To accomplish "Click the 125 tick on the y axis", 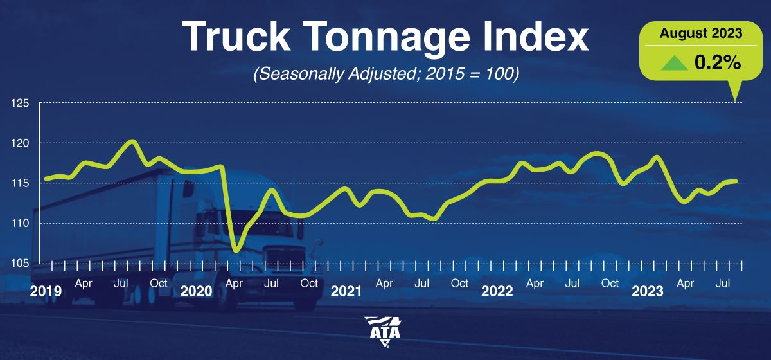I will [x=19, y=103].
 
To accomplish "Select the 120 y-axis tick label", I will [x=19, y=143].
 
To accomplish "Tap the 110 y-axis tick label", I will [x=19, y=223].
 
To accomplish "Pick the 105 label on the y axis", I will [x=19, y=263].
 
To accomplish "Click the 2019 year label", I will [x=46, y=291].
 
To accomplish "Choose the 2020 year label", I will [x=196, y=291].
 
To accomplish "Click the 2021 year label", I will [x=346, y=291].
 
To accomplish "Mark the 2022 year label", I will [x=497, y=291].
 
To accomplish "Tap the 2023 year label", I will [x=648, y=291].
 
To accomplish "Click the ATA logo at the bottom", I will [x=385, y=331].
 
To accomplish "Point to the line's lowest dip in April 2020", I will [x=236, y=249].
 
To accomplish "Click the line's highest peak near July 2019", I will [x=132, y=141].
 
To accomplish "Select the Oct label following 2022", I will [x=610, y=283].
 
